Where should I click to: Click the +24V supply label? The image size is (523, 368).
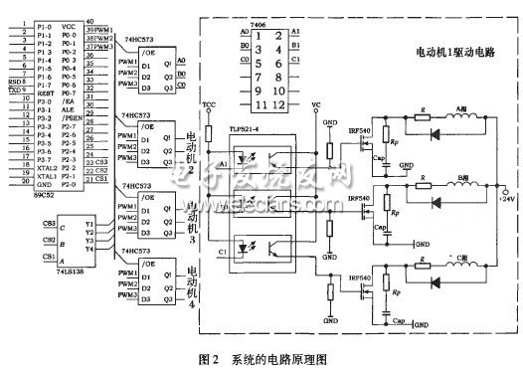tap(508, 202)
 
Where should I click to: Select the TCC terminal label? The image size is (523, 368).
tap(208, 103)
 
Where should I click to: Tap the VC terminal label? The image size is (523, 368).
tap(316, 103)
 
